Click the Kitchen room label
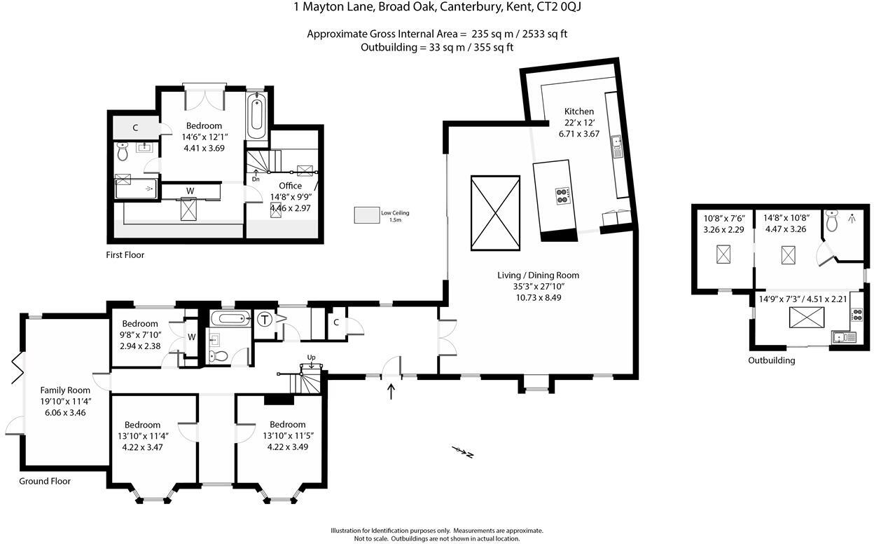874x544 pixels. click(579, 111)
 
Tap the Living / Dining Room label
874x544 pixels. click(538, 276)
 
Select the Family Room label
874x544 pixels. click(65, 390)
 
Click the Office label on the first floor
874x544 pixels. click(290, 186)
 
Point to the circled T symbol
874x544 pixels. click(265, 320)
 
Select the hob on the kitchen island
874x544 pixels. click(562, 194)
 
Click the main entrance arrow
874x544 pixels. click(391, 390)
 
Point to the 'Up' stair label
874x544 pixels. click(312, 358)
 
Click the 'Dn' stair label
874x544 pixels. click(256, 179)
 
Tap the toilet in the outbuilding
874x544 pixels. click(831, 222)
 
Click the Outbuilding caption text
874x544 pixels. click(772, 361)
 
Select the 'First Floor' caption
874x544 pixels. click(125, 255)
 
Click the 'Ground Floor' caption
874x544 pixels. click(45, 482)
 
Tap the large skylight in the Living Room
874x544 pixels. click(495, 213)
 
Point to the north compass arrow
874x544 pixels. click(463, 451)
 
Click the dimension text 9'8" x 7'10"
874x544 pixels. click(141, 335)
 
